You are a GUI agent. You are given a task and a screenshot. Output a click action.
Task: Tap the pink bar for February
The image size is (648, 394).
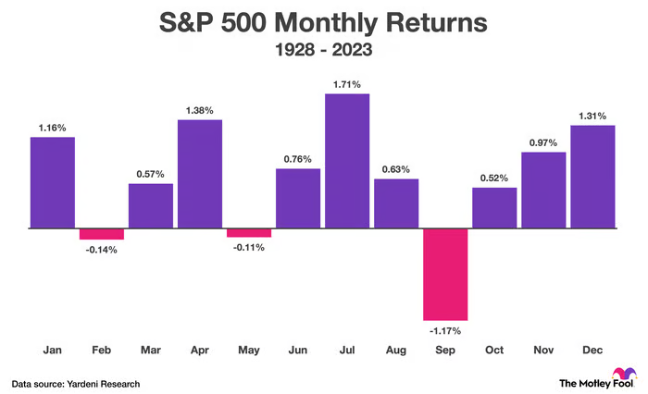tap(102, 233)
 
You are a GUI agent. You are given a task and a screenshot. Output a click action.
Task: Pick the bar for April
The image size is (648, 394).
tap(200, 174)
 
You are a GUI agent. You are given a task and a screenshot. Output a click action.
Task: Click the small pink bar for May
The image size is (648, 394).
tap(249, 232)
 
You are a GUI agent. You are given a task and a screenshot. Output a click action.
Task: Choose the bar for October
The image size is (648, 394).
tap(494, 207)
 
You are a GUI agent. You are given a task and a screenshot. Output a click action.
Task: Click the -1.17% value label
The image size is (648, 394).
tap(445, 330)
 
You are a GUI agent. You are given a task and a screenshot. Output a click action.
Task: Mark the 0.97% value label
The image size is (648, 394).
tap(543, 142)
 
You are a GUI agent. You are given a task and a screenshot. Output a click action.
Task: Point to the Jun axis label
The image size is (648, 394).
tap(298, 351)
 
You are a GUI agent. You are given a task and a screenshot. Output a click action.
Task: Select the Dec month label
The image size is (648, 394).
tap(592, 351)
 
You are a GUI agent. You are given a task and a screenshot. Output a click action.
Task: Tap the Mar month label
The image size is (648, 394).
tap(151, 351)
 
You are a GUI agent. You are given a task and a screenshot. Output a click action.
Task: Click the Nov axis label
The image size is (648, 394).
tap(543, 351)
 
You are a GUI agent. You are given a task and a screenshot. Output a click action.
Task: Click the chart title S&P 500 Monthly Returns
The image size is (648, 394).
tap(324, 22)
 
